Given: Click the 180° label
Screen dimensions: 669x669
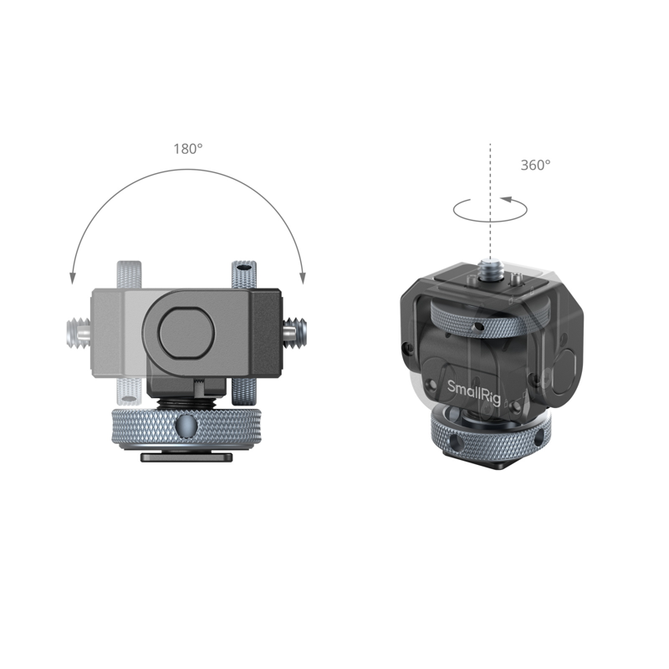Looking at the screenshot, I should pos(188,149).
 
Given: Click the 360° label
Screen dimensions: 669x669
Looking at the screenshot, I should pos(535,166).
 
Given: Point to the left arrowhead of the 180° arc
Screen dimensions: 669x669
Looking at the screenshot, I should pos(73,276).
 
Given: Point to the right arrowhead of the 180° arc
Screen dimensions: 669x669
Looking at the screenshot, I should pos(304,276).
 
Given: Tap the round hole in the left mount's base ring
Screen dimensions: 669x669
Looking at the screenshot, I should pos(187,427).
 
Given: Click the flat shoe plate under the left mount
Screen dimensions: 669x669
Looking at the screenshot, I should pos(187,457).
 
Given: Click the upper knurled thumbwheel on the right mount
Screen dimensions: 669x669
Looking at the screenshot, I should pos(472,319).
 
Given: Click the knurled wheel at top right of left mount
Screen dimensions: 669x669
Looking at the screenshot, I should pos(243,275).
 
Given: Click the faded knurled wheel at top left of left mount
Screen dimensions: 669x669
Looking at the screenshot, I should pos(131,275).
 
